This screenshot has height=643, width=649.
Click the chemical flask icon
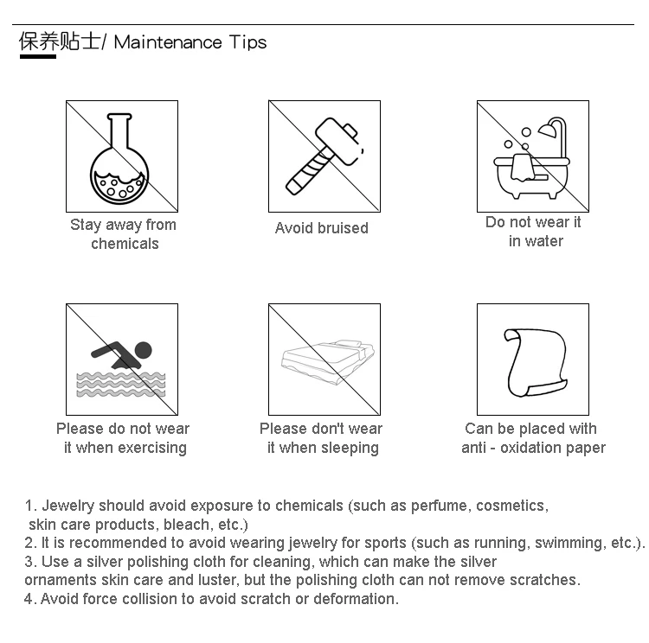(x=119, y=159)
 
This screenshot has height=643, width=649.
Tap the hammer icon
(x=324, y=156)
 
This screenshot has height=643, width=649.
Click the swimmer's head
(x=143, y=350)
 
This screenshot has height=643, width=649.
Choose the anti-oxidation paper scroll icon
(x=535, y=362)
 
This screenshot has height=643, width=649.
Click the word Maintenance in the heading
(x=168, y=42)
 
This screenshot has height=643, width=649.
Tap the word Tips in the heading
(x=247, y=43)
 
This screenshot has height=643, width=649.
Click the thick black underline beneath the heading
(x=38, y=56)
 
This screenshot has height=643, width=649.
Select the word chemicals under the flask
(x=125, y=244)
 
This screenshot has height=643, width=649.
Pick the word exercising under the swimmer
(x=152, y=448)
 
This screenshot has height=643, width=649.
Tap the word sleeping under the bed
(x=350, y=448)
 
